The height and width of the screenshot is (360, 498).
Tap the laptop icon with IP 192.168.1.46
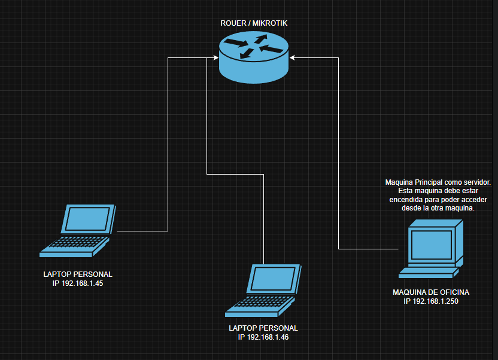(264, 290)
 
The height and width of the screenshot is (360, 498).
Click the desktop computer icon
(432, 249)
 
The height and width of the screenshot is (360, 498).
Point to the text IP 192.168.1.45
(78, 283)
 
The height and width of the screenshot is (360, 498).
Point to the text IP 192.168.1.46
(263, 337)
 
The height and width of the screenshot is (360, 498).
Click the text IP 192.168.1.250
(431, 301)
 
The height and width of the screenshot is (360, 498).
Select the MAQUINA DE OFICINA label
(431, 292)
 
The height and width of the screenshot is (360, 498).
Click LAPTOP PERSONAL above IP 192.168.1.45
(78, 274)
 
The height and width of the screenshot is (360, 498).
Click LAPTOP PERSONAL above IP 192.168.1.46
(263, 328)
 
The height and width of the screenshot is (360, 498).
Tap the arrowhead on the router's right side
(292, 58)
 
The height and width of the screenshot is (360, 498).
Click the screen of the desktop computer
(431, 244)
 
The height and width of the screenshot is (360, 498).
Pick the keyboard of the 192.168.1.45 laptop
(75, 243)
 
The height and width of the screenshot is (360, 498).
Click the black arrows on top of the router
(254, 47)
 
